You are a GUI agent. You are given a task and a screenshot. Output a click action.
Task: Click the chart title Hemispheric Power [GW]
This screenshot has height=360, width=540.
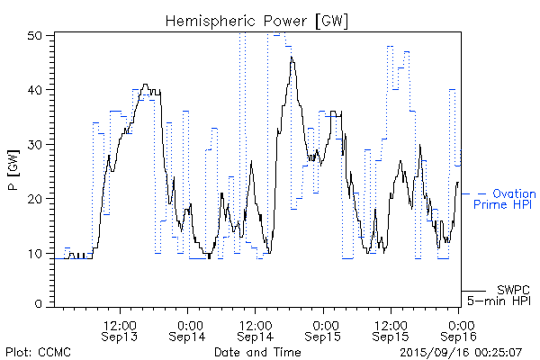point(256,20)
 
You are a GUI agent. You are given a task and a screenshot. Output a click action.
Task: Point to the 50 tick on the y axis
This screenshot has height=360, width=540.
point(37,35)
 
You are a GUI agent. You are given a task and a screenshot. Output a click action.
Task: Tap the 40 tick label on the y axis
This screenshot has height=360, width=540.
point(37,90)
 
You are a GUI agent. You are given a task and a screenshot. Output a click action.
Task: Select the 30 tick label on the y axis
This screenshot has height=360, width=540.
point(37,144)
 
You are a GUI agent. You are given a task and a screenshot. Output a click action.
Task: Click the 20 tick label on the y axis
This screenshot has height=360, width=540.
point(37,198)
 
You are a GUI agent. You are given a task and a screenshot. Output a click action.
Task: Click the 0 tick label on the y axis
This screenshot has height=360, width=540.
point(40,304)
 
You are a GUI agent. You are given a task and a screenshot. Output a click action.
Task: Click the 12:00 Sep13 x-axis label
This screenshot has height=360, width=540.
point(120,330)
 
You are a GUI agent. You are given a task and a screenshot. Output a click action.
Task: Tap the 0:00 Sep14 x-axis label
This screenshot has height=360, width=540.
point(187,330)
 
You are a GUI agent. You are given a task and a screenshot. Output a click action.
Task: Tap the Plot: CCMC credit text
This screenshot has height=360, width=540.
point(38,351)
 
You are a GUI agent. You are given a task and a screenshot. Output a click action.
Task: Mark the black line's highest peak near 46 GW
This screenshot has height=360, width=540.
point(292,58)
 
